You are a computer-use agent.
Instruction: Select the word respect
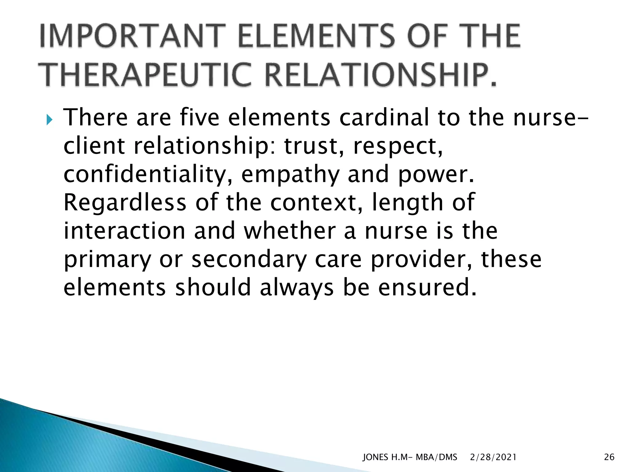(398, 146)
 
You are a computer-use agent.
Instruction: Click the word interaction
(124, 231)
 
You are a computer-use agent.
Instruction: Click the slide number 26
(609, 457)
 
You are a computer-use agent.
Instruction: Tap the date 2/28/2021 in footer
(493, 457)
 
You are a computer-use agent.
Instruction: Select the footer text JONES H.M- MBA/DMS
(410, 457)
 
